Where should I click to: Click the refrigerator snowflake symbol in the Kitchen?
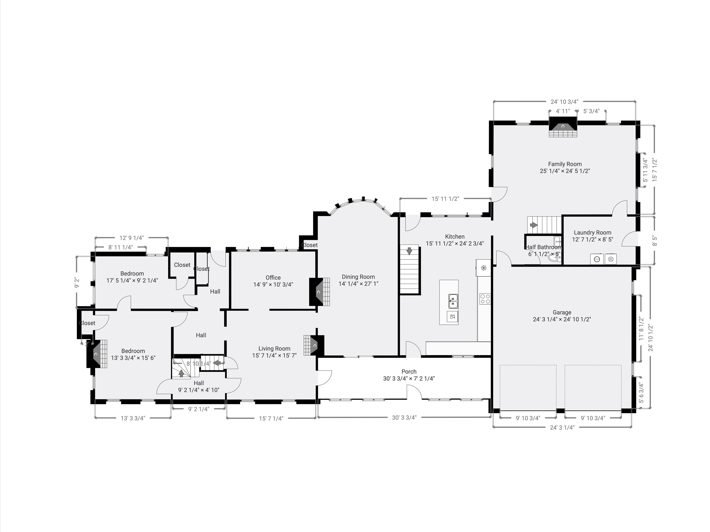point(483,268)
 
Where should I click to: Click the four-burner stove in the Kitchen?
point(485,299)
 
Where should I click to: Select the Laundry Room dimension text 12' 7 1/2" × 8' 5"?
point(593,239)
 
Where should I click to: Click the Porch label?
point(409,372)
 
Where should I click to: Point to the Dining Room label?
point(358,277)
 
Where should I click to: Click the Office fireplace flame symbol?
point(319,292)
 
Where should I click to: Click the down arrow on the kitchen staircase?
point(409,251)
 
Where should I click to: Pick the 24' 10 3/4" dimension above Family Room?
point(565,102)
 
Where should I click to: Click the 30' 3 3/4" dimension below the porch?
point(404,417)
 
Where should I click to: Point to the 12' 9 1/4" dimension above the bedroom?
point(132,238)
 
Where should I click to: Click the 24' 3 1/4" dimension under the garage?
point(562,427)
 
